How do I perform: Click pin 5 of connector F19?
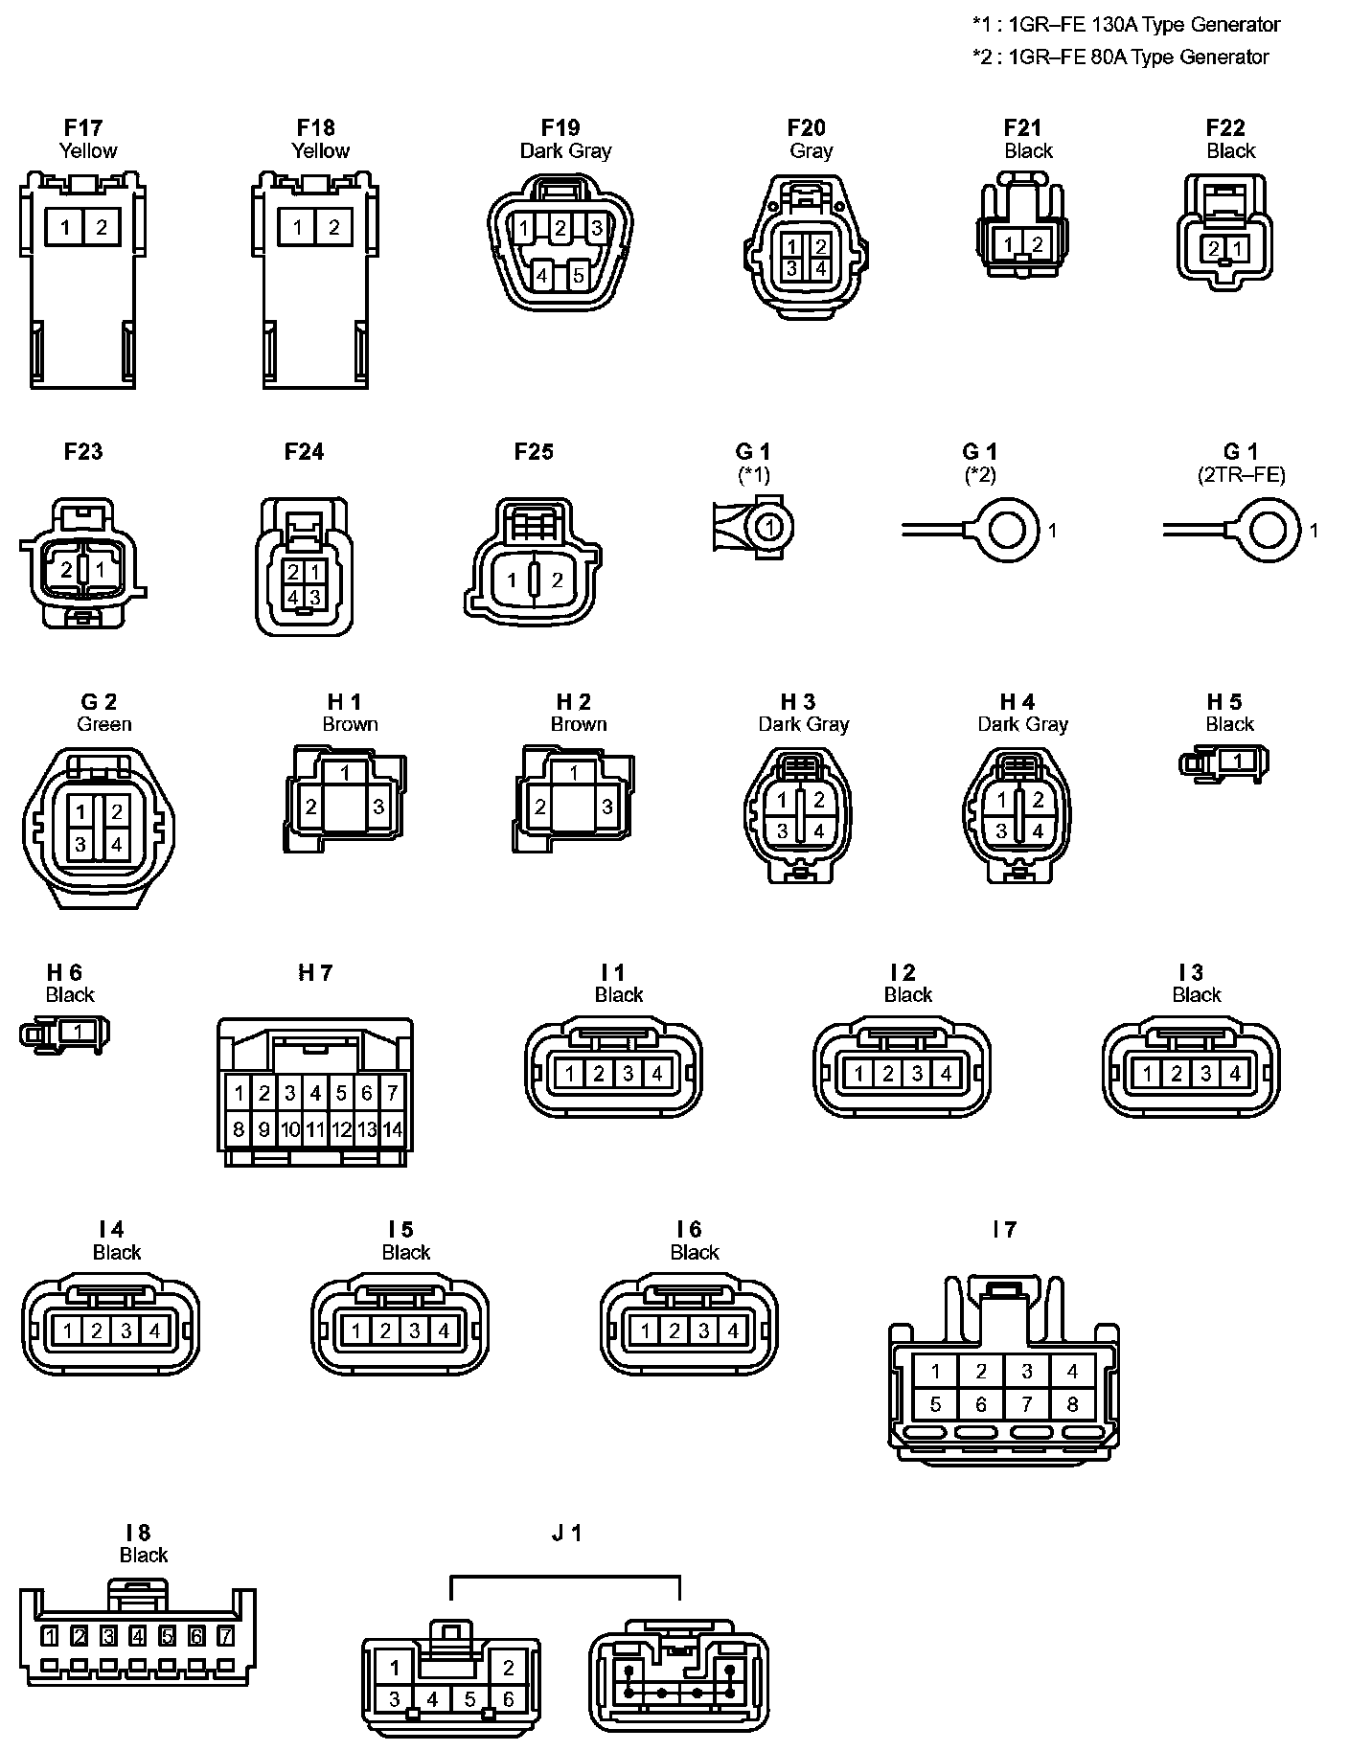(578, 277)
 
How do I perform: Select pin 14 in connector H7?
(392, 1130)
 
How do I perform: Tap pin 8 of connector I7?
(1072, 1404)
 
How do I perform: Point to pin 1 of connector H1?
(345, 773)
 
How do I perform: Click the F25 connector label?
(534, 451)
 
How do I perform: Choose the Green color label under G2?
(104, 724)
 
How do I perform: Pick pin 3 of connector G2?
(81, 844)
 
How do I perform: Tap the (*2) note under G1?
(979, 474)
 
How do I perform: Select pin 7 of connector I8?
(226, 1636)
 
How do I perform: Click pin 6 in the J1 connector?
(508, 1699)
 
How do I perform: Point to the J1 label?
(567, 1533)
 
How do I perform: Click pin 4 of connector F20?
(820, 269)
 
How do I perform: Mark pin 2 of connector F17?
(102, 227)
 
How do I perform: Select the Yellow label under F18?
(320, 150)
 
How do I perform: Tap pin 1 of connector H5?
(1236, 762)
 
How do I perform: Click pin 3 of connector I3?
(1205, 1074)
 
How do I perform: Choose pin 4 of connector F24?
(294, 596)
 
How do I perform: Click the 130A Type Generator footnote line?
(1126, 25)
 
